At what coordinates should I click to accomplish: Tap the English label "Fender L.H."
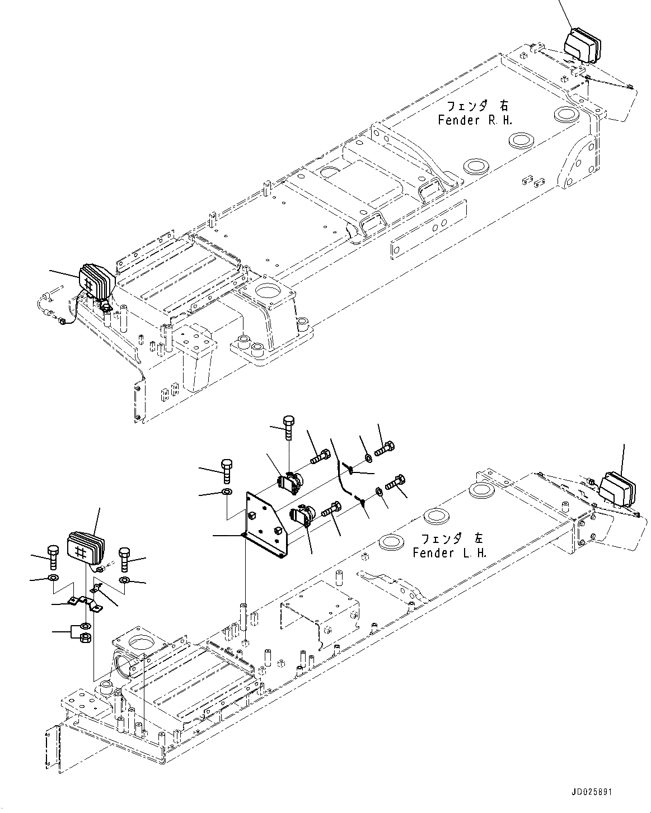tap(450, 553)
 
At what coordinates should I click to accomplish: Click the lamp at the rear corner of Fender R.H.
tap(582, 46)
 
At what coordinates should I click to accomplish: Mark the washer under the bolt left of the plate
tap(227, 492)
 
